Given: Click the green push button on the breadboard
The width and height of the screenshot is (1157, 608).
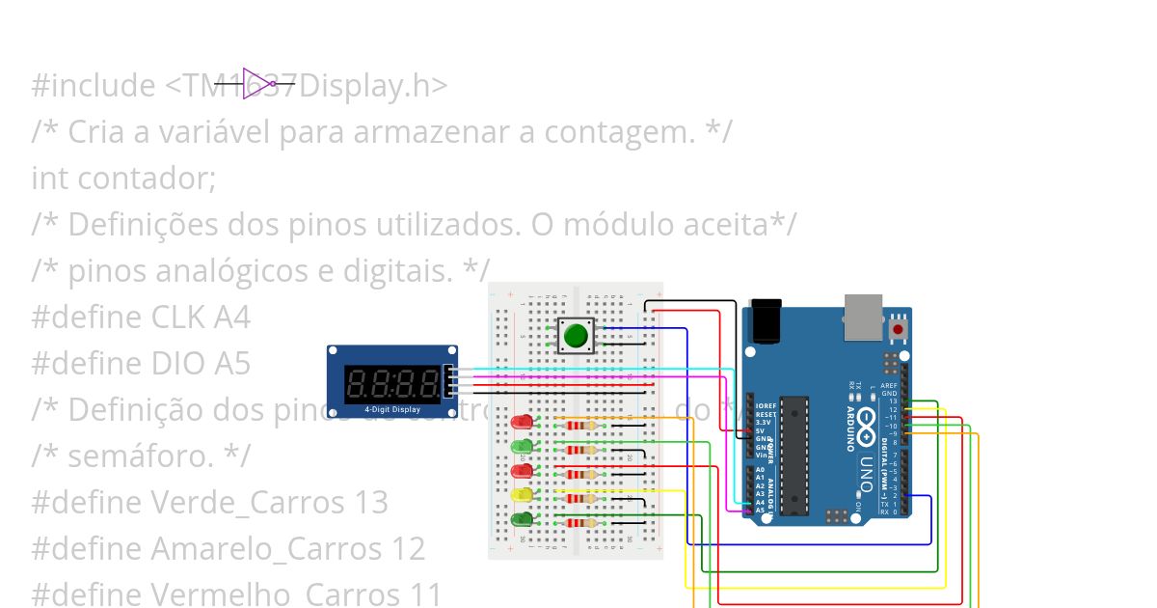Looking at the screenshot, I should [x=576, y=336].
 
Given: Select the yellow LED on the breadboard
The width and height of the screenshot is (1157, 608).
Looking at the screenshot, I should [x=522, y=495].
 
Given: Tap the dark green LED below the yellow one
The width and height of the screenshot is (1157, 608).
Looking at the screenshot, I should [x=522, y=519].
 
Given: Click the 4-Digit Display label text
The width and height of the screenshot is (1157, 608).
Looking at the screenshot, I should [x=391, y=409].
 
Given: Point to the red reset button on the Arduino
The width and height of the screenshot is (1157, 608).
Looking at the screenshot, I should [x=899, y=329].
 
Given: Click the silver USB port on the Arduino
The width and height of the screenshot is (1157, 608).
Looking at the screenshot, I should [x=863, y=317].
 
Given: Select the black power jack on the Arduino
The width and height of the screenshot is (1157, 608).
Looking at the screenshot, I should [x=766, y=320].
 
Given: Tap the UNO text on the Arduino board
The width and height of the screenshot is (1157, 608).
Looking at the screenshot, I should [x=865, y=474].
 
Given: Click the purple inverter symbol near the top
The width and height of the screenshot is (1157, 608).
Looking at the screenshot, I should [x=256, y=84].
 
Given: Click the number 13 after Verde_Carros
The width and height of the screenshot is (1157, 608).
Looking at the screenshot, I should [x=370, y=503].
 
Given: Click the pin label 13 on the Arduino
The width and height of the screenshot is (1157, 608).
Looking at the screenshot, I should [x=893, y=401].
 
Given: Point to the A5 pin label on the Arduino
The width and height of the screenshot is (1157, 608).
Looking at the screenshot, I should [x=761, y=510].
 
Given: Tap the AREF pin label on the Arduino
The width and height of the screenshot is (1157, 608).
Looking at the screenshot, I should [x=889, y=385].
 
